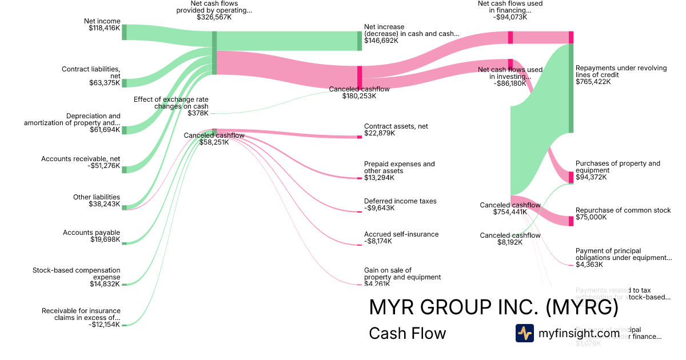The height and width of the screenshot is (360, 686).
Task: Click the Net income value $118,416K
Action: [104, 29]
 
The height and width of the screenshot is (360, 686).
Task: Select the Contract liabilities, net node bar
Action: [124, 83]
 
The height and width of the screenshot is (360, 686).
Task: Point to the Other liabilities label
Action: [97, 197]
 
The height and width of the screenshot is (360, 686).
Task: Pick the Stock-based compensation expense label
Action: [77, 273]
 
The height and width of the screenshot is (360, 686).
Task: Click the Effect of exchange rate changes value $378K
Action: [198, 113]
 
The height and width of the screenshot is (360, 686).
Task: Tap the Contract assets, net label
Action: [396, 126]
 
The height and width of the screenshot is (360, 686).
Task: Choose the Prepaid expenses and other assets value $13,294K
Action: [380, 178]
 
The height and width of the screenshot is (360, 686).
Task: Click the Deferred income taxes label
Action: [400, 201]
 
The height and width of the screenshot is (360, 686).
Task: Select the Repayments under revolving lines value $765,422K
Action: [593, 82]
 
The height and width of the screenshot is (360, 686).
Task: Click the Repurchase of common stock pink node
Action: [571, 221]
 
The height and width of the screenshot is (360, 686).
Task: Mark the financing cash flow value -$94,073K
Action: [510, 17]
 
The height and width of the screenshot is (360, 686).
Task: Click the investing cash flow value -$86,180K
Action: [510, 83]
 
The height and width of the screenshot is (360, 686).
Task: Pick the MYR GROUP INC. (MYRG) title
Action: [494, 307]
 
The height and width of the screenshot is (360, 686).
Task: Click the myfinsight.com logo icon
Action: [524, 333]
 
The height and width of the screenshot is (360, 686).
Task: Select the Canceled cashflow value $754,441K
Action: [510, 212]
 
